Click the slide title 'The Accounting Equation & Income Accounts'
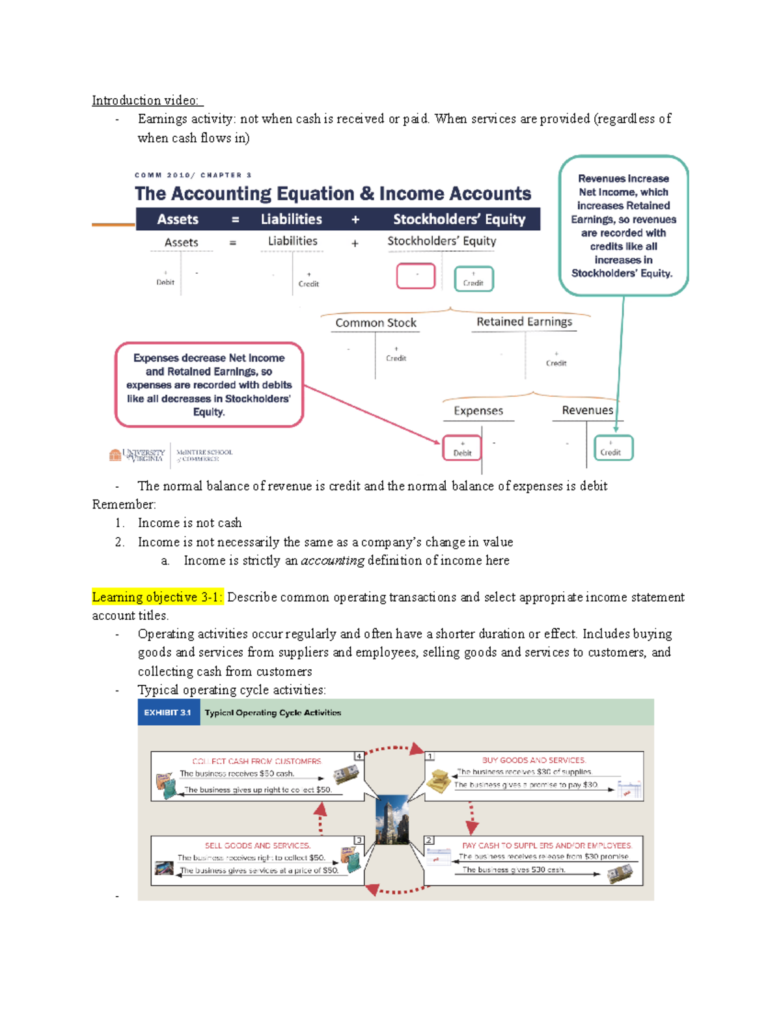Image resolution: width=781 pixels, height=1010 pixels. tap(333, 194)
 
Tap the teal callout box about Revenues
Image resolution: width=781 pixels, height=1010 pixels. tap(623, 225)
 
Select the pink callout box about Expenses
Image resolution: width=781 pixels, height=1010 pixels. tap(209, 384)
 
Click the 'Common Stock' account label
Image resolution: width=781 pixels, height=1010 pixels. tap(376, 323)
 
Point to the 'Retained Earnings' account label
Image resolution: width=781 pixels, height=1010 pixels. tap(524, 321)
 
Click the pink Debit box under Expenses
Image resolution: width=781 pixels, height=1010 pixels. tap(462, 448)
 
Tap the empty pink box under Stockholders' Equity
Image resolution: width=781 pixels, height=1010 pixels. tap(416, 276)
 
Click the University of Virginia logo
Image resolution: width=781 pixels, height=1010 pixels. tap(137, 455)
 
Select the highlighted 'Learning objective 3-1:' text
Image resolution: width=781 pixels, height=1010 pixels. tap(157, 597)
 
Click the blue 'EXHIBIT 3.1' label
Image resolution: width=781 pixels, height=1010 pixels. tap(168, 713)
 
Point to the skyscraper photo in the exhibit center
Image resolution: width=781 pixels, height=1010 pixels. tap(392, 819)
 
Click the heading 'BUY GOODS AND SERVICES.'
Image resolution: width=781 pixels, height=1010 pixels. tap(534, 760)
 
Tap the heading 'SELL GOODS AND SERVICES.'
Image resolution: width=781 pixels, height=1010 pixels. tap(257, 845)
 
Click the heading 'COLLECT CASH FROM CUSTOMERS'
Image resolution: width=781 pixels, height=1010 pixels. tap(256, 761)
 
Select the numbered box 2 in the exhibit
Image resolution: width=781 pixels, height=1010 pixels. tap(429, 840)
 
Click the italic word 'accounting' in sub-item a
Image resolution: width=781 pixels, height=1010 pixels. tap(332, 561)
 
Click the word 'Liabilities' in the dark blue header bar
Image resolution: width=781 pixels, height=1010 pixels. tap(291, 219)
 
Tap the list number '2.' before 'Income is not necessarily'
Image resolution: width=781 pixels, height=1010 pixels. tap(120, 542)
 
